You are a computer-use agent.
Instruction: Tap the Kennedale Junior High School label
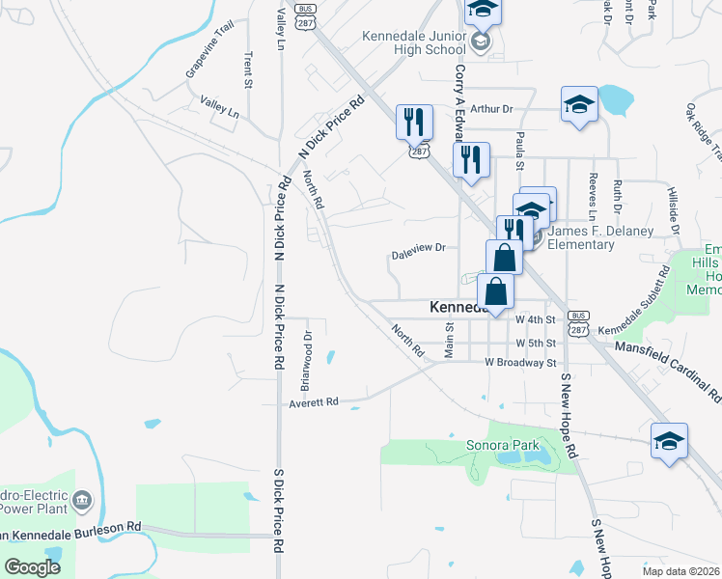(413, 42)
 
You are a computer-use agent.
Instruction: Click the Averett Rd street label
(314, 402)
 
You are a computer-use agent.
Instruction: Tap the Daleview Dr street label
(418, 251)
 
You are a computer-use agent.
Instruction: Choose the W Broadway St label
(521, 363)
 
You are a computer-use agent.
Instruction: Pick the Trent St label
(248, 70)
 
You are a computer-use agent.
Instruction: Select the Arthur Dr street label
(493, 110)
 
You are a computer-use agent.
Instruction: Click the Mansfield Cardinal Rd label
(667, 371)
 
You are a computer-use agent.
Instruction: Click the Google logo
(32, 567)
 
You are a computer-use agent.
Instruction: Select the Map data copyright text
(680, 571)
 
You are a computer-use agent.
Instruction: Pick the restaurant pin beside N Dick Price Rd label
(414, 122)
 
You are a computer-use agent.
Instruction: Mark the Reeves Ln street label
(593, 189)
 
